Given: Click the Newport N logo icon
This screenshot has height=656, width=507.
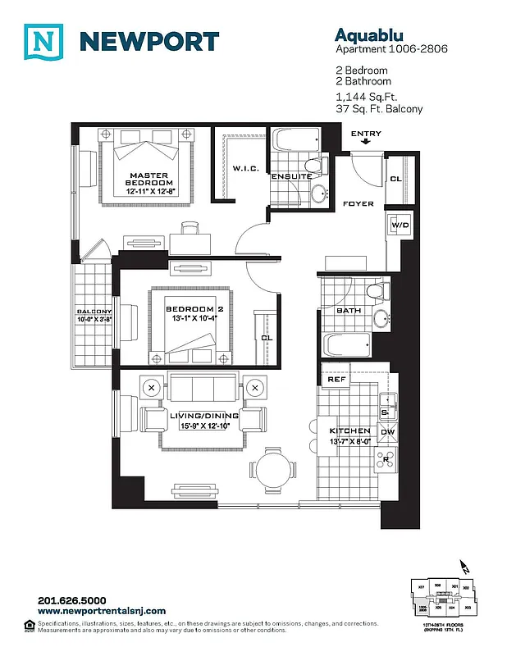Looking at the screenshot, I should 43,42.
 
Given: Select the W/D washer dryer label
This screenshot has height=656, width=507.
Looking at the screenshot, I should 399,224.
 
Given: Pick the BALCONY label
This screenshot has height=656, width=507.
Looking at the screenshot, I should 94,312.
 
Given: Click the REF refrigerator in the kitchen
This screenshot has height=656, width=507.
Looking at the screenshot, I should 336,380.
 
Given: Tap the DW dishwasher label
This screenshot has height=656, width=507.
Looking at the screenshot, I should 388,432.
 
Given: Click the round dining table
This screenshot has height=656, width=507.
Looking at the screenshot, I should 273,471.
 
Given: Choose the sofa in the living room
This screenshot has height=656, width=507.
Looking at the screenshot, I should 204,386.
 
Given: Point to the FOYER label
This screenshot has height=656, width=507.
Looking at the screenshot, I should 359,203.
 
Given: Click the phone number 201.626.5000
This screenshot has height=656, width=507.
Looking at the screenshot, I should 72,600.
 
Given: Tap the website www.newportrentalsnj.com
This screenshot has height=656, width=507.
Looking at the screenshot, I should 102,611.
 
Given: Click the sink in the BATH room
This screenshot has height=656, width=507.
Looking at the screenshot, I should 382,317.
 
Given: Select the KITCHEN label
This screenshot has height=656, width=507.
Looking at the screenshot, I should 350,431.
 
